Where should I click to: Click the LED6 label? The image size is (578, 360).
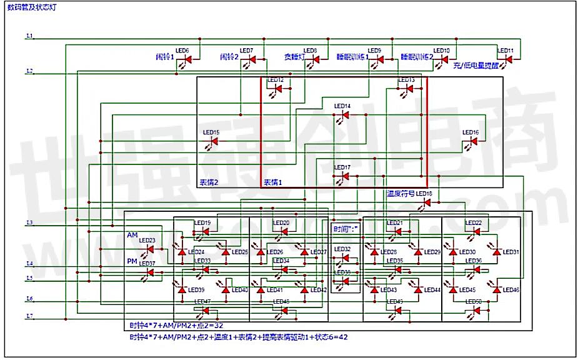[x=182, y=51]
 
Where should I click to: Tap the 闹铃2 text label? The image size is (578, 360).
[x=229, y=57]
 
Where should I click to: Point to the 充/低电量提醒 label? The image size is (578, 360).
[x=476, y=65]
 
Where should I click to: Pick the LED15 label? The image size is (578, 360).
[x=211, y=132]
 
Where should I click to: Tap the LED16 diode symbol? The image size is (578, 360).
[x=474, y=141]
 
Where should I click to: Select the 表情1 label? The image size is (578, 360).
[x=272, y=182]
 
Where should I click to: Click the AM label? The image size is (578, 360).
[x=132, y=235]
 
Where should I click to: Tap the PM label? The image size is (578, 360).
[x=132, y=261]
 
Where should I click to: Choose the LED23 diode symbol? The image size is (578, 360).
[x=149, y=248]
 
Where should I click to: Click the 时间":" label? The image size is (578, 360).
[x=346, y=229]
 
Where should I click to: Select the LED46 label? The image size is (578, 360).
[x=511, y=290]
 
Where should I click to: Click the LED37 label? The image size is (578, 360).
[x=147, y=264]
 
